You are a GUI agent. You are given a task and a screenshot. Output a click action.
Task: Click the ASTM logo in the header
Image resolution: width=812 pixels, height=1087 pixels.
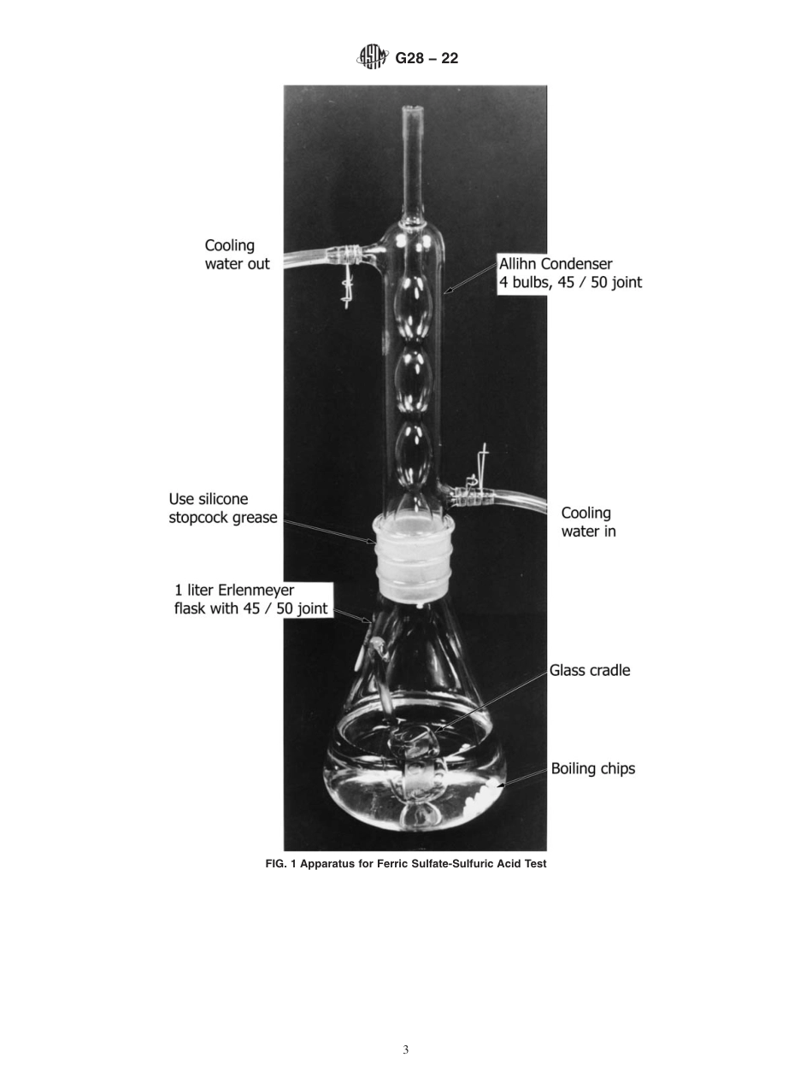371,58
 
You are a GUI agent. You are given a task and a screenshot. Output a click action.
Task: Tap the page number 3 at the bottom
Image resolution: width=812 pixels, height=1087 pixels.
406,1049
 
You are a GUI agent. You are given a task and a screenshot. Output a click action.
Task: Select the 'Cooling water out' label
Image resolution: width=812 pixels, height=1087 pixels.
236,255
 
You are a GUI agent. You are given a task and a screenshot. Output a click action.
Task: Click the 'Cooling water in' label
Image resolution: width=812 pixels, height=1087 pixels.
587,522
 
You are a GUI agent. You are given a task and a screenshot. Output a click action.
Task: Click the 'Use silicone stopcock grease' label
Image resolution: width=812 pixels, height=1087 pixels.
222,508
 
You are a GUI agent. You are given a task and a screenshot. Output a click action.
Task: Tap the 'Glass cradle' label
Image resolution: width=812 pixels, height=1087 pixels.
590,671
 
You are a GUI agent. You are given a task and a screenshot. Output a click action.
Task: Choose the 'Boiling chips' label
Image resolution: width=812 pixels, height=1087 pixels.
592,769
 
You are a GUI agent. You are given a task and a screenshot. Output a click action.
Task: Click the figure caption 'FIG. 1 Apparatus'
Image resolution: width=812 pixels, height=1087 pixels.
406,864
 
